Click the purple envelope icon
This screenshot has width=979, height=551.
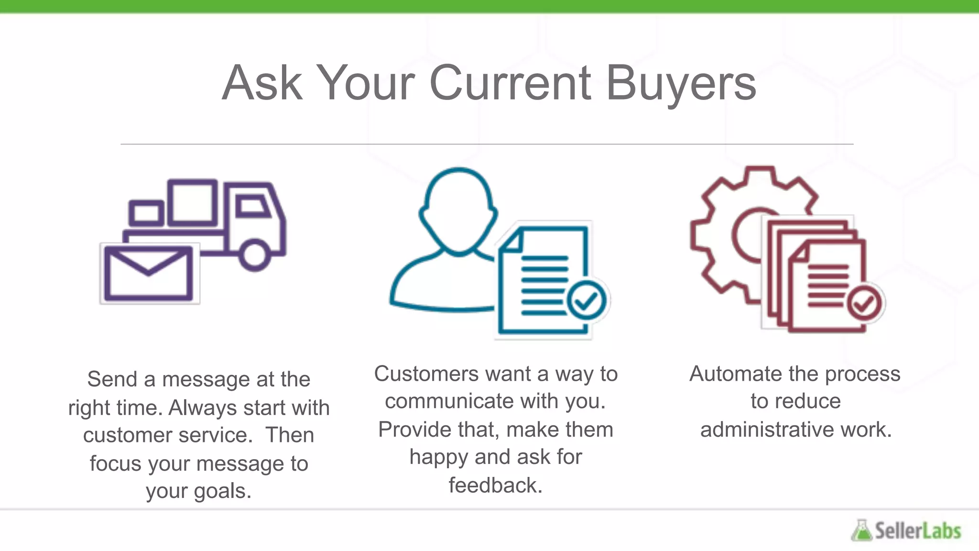coord(149,273)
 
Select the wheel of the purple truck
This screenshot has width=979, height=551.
coord(254,255)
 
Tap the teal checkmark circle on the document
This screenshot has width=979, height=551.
coord(587,300)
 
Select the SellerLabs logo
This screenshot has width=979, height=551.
coord(906,530)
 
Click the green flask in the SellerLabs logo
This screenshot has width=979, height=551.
coord(861,530)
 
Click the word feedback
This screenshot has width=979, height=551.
coord(495,485)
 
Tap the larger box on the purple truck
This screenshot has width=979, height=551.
coord(193,202)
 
